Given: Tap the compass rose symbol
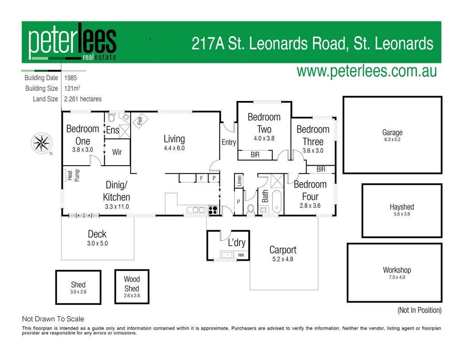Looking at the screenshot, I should pyautogui.click(x=42, y=143).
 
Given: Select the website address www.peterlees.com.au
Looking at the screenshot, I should pyautogui.click(x=366, y=71).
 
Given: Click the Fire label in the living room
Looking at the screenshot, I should pyautogui.click(x=140, y=121).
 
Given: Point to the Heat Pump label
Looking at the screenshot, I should pyautogui.click(x=73, y=176).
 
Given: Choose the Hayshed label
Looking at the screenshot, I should pyautogui.click(x=402, y=207).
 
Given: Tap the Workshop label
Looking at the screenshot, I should pyautogui.click(x=397, y=270).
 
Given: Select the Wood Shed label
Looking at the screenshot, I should pyautogui.click(x=132, y=284).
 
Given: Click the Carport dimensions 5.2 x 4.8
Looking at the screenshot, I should pyautogui.click(x=283, y=259).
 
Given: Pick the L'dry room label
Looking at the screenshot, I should pyautogui.click(x=237, y=243).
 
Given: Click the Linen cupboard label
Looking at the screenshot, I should pyautogui.click(x=239, y=181).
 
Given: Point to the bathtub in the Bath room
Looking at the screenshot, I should pyautogui.click(x=277, y=201).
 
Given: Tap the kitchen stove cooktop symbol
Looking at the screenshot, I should pyautogui.click(x=213, y=210).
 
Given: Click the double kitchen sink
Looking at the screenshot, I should pyautogui.click(x=196, y=210).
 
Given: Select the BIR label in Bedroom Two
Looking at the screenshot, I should pyautogui.click(x=255, y=155).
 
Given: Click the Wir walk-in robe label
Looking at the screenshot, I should pyautogui.click(x=117, y=152).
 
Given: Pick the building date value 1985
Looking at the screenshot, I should pyautogui.click(x=71, y=78).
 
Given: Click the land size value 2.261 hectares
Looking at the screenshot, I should pyautogui.click(x=83, y=99).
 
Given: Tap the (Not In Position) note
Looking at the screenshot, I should pyautogui.click(x=419, y=310).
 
